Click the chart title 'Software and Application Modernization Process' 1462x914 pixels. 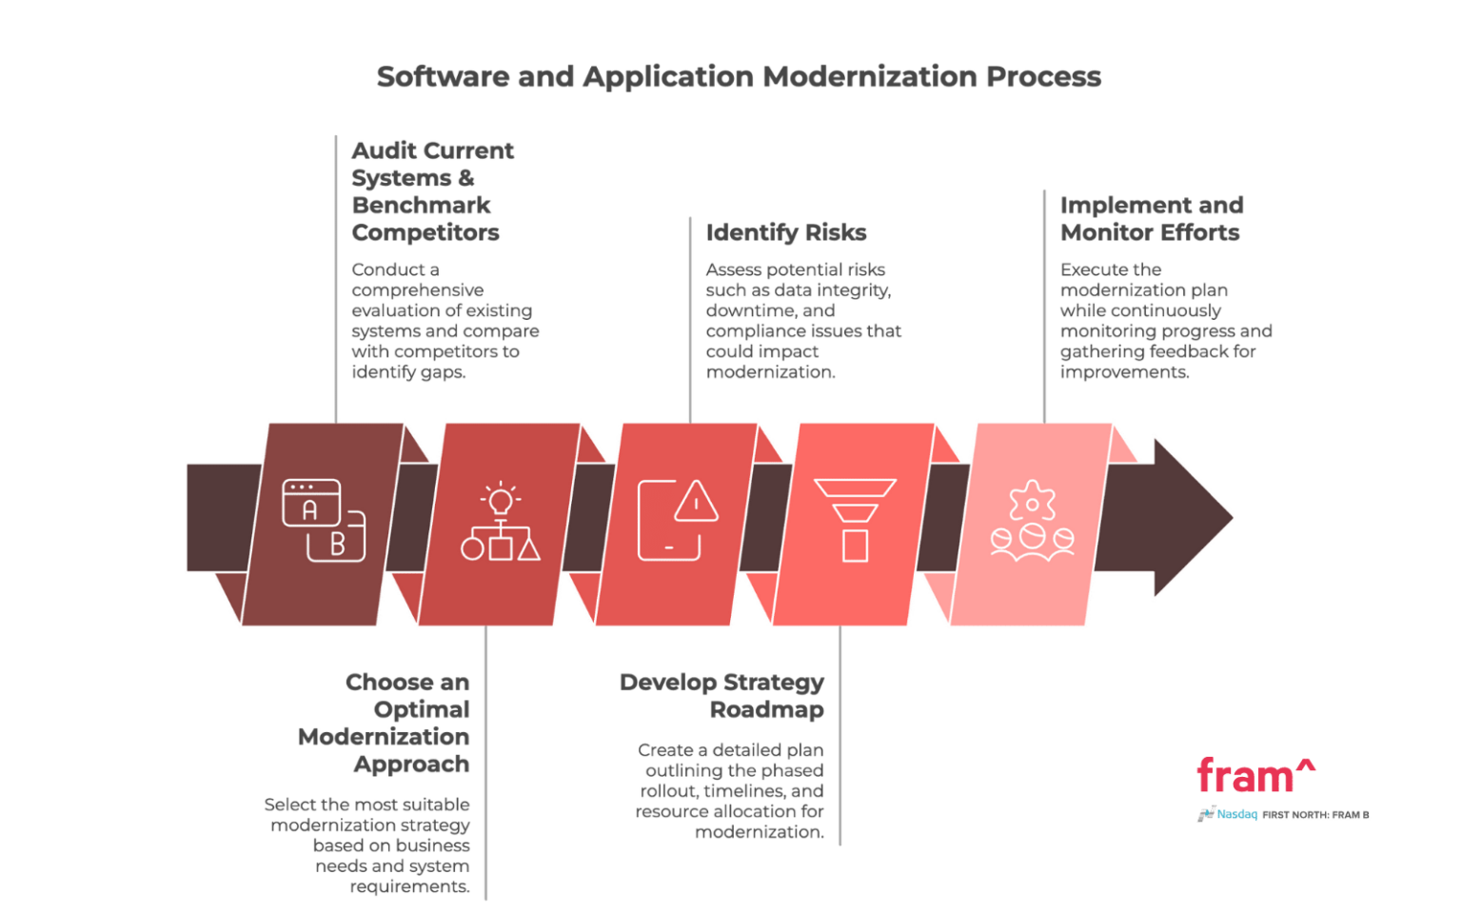tap(739, 77)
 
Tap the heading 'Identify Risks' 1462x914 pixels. tap(787, 232)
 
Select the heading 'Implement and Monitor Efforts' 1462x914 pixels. tap(1151, 219)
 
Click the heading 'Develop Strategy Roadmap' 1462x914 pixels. tap(721, 696)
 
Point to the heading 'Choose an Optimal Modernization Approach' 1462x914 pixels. tap(385, 724)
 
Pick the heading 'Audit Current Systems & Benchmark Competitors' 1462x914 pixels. tap(432, 191)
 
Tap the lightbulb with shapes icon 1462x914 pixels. tap(501, 523)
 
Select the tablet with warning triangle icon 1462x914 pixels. tap(678, 521)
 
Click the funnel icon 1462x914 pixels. tap(855, 520)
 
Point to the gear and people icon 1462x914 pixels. tap(1032, 521)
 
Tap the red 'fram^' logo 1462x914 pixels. tap(1255, 776)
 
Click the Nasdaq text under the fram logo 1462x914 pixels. tap(1237, 815)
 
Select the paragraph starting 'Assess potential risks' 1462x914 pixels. tap(801, 321)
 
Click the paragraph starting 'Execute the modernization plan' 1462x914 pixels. tap(1165, 321)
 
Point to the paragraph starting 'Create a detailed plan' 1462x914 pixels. tap(730, 791)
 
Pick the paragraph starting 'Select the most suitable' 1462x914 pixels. tap(367, 845)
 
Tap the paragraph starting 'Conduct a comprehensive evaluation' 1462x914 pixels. tap(445, 321)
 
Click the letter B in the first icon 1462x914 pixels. tap(337, 546)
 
